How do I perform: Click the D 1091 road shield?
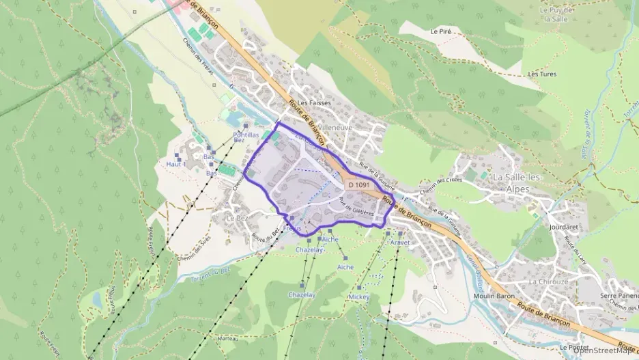pos(358,184)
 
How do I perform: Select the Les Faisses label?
pos(314,103)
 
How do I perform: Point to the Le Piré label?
pos(442,31)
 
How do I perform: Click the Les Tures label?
pos(543,73)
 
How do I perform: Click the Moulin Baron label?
pos(494,296)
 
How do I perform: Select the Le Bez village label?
pos(237,218)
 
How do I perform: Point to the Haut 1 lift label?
pos(176,164)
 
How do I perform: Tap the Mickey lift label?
pos(358,298)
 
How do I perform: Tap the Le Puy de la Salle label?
pos(556,14)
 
